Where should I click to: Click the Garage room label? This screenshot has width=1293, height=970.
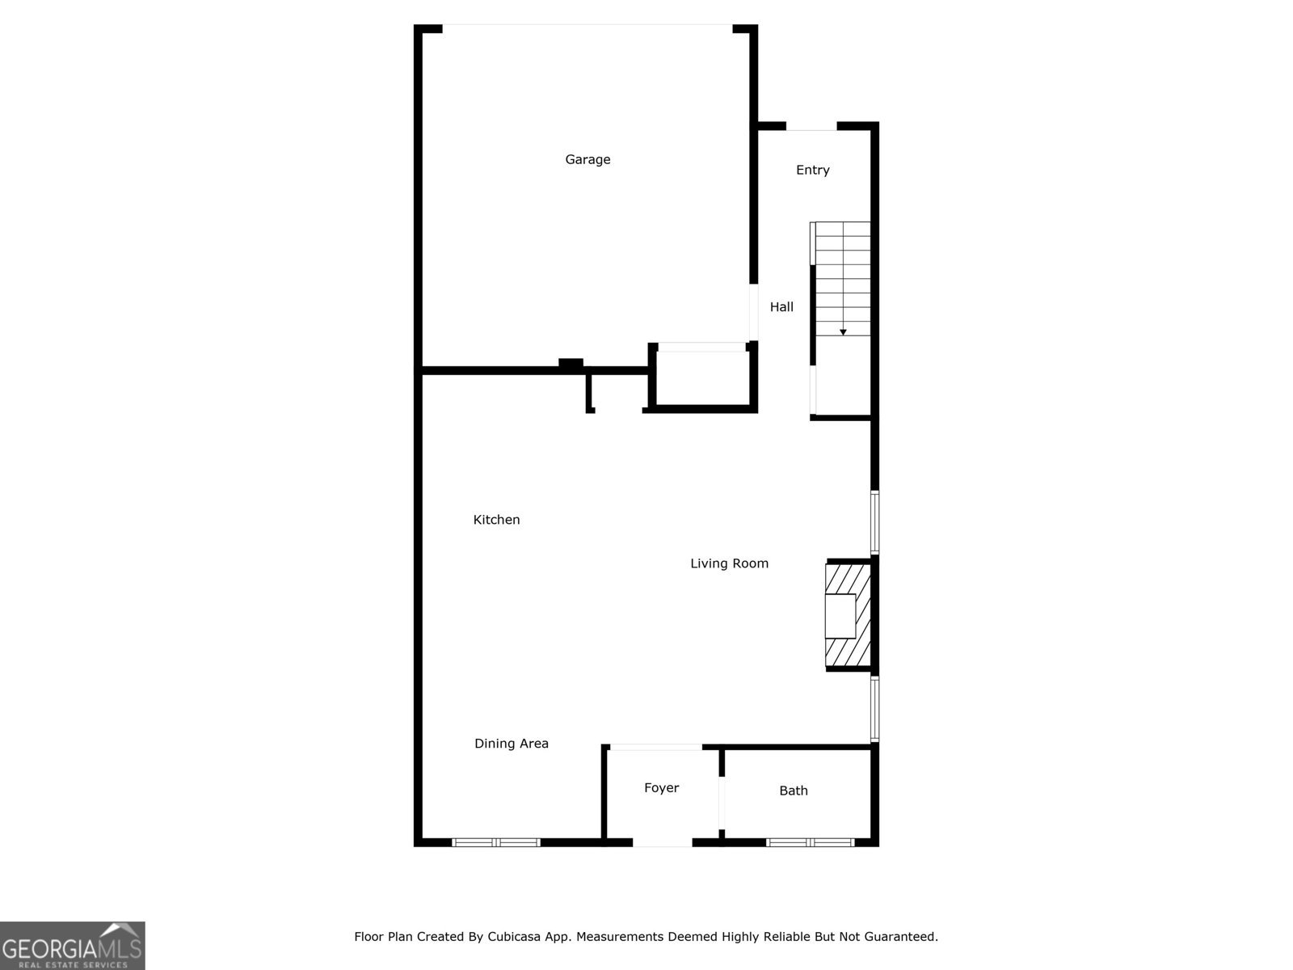click(x=588, y=159)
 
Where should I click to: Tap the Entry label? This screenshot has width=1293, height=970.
click(x=812, y=170)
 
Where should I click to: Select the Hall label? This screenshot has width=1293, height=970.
click(x=781, y=306)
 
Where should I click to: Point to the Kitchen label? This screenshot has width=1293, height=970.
click(x=496, y=520)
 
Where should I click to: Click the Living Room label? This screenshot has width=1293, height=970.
click(x=729, y=563)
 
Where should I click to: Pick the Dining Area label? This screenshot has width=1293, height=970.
click(x=511, y=744)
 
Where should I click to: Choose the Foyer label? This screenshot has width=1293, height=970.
click(x=661, y=788)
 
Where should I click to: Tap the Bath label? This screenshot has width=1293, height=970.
click(x=793, y=791)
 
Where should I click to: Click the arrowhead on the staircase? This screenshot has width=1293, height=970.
click(x=843, y=332)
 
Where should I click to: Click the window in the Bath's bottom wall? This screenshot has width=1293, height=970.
click(x=810, y=842)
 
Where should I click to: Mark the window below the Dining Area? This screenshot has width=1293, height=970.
click(x=495, y=842)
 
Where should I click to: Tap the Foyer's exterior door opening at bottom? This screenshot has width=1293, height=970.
click(x=663, y=842)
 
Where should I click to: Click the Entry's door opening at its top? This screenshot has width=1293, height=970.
click(x=811, y=126)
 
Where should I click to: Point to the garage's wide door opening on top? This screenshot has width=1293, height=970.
click(x=588, y=27)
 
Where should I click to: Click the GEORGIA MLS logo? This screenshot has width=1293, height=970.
click(x=72, y=945)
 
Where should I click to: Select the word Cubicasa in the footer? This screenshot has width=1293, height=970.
click(x=514, y=937)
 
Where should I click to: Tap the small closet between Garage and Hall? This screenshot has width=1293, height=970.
click(x=701, y=378)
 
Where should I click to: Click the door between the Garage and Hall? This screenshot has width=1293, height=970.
click(x=753, y=312)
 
